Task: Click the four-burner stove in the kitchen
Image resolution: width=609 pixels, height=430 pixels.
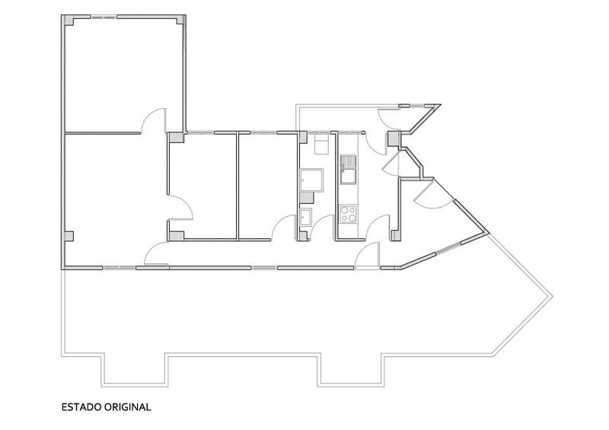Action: (x=348, y=215)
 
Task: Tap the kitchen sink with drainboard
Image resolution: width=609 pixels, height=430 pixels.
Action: (x=348, y=170)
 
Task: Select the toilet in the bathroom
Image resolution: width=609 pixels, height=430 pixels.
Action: (x=320, y=143)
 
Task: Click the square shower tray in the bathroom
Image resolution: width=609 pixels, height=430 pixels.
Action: (x=311, y=180)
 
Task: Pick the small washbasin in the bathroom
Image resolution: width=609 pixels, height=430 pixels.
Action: (x=306, y=217)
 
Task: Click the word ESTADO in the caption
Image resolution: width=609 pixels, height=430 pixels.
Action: (x=81, y=407)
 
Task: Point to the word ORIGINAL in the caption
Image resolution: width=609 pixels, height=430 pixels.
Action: (x=128, y=407)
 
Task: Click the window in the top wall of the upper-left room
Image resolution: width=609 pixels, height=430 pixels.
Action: (x=104, y=17)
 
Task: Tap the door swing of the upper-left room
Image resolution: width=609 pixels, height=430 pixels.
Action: (x=153, y=120)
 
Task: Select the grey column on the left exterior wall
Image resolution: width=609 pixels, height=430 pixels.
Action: (x=69, y=236)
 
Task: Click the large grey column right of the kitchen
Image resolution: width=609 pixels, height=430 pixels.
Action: (x=394, y=139)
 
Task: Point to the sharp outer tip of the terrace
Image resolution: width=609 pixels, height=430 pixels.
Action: (x=552, y=296)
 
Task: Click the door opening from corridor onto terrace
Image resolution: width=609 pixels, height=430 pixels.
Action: (x=367, y=255)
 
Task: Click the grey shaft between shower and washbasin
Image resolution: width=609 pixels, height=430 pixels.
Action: (x=307, y=198)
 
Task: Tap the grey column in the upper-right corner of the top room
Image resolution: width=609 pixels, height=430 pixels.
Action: (x=180, y=21)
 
